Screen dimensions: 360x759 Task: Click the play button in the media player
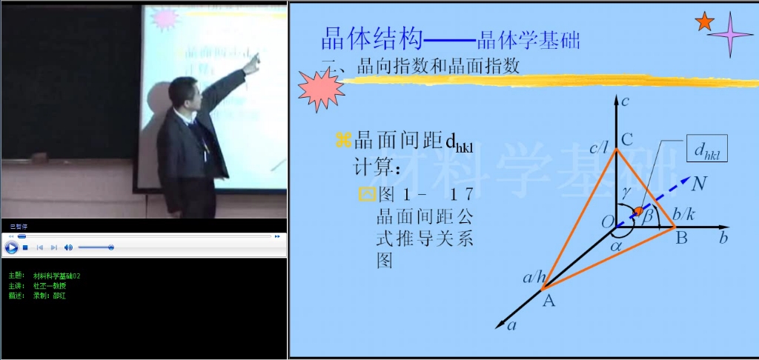pos(11,247)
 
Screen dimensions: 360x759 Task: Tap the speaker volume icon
pos(68,247)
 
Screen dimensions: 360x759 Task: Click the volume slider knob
pos(110,247)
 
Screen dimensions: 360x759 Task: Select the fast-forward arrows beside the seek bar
pos(277,236)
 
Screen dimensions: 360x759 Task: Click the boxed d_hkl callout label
pos(707,150)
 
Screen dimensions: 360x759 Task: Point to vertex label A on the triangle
pos(548,301)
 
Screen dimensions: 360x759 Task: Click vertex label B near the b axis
pos(680,239)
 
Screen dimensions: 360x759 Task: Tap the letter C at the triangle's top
pos(626,139)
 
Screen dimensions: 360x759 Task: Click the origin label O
pos(607,221)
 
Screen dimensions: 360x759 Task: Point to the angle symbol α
pos(617,245)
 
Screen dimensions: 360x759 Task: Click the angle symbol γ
pos(626,191)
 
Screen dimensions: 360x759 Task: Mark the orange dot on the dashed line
pos(639,213)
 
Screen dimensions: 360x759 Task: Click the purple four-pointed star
pos(730,34)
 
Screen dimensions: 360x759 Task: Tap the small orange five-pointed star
pos(703,22)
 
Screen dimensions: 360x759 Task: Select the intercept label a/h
pos(534,278)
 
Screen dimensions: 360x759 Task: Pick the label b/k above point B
pos(683,215)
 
